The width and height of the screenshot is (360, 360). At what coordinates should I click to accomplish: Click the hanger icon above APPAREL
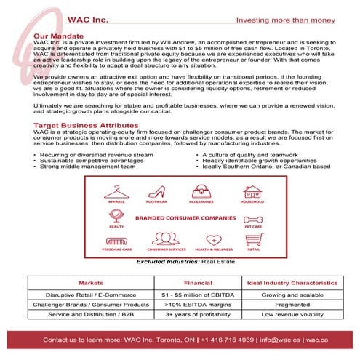click(x=115, y=191)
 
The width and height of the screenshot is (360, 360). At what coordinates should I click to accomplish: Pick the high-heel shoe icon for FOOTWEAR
click(x=156, y=191)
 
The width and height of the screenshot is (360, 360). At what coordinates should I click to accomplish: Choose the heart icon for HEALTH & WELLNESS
click(x=214, y=240)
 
